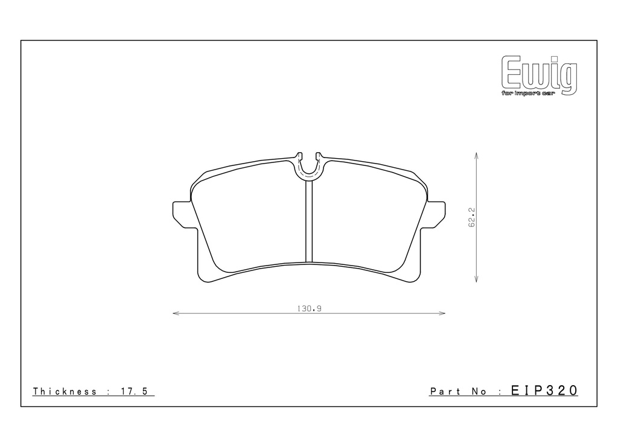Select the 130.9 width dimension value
310,308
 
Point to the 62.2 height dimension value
472,217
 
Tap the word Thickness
65,391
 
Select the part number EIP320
544,391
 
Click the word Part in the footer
445,392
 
